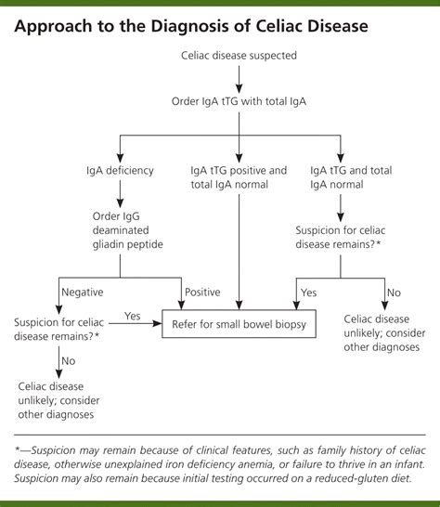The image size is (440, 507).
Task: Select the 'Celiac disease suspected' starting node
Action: point(239,56)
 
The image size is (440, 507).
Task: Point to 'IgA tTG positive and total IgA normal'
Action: point(239,177)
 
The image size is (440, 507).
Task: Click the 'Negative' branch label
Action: point(83,291)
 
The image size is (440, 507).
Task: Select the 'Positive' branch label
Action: point(202,291)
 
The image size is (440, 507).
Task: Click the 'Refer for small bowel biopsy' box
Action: point(239,324)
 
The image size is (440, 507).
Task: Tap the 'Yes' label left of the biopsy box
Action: point(133,316)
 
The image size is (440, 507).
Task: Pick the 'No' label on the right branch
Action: point(395,291)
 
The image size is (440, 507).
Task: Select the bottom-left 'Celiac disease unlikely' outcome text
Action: point(58,399)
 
